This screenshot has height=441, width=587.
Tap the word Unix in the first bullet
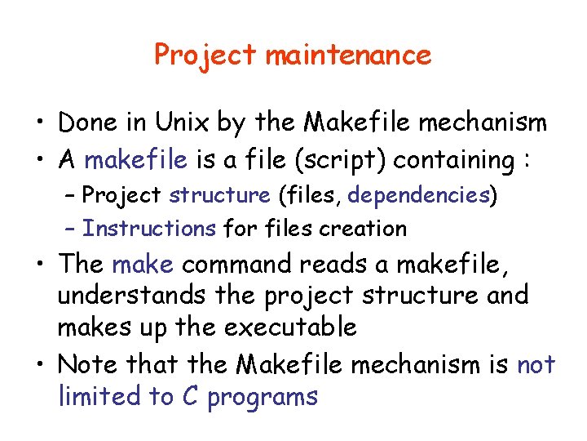pyautogui.click(x=177, y=123)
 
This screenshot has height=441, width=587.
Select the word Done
pyautogui.click(x=88, y=123)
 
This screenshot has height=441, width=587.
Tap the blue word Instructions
pyautogui.click(x=149, y=229)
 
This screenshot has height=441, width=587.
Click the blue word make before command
pyautogui.click(x=143, y=265)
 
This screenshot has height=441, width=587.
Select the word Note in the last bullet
pyautogui.click(x=87, y=363)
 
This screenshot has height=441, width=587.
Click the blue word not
pyautogui.click(x=536, y=363)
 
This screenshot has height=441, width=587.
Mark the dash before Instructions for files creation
pyautogui.click(x=71, y=229)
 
